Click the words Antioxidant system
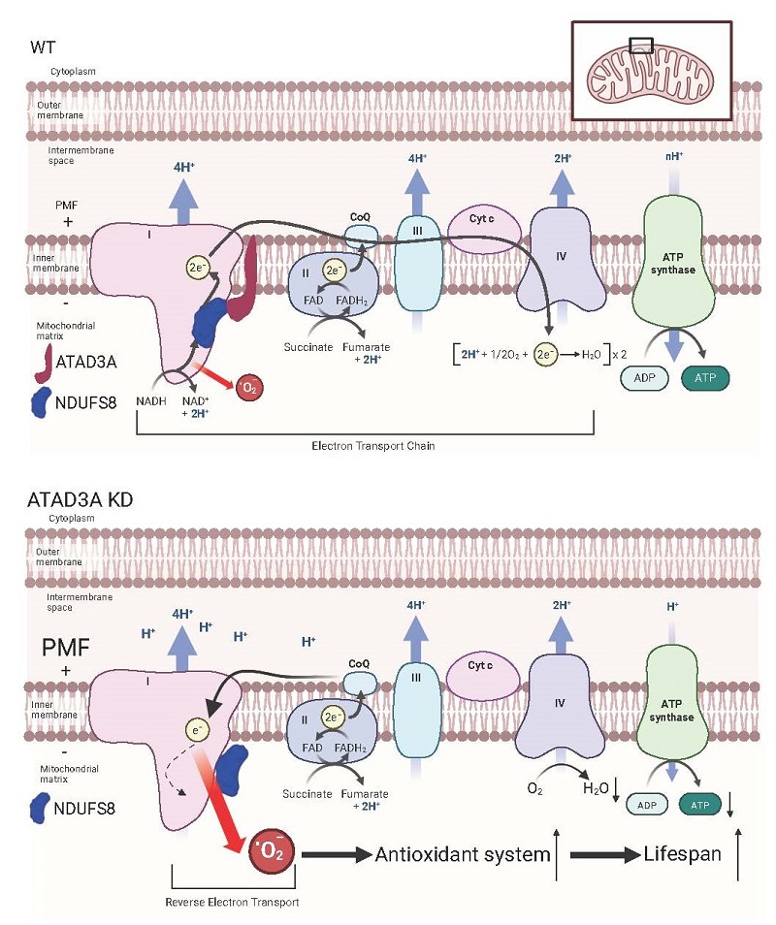coord(463,854)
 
